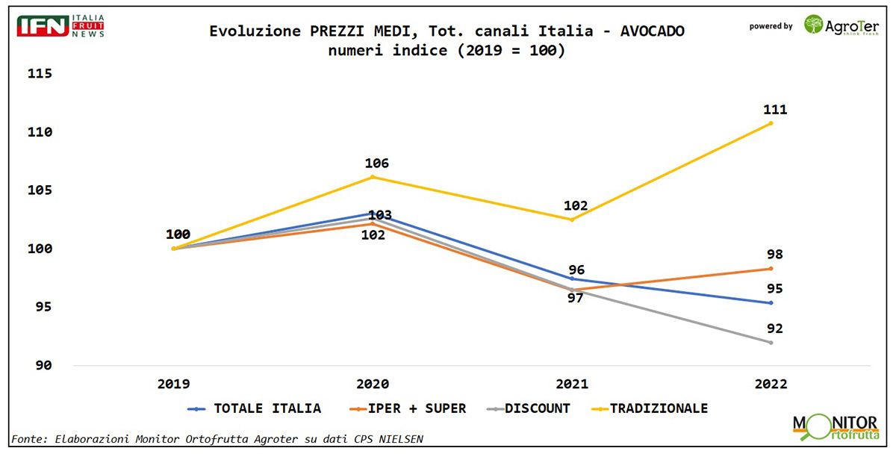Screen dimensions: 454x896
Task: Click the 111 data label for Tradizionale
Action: click(x=775, y=110)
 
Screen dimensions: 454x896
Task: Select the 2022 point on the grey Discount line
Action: click(x=771, y=342)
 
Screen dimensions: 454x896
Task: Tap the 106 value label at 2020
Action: click(x=376, y=164)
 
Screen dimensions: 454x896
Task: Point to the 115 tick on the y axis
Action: click(x=39, y=74)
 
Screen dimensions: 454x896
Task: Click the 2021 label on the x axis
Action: click(x=571, y=384)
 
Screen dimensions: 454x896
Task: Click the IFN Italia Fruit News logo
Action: click(x=60, y=25)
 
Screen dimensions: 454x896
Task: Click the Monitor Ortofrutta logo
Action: click(x=835, y=428)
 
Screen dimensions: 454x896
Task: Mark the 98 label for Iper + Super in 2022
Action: click(x=774, y=255)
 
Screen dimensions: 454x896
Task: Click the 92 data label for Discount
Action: click(x=774, y=329)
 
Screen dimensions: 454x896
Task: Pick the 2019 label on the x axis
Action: click(x=173, y=384)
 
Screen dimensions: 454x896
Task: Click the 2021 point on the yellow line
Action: click(x=571, y=220)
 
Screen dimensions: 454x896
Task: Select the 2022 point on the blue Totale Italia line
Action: click(x=771, y=302)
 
